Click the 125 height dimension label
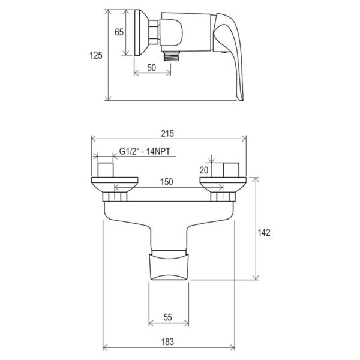pos(96,55)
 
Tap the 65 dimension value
pos(119,32)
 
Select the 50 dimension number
pos(152,68)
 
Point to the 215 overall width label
pos(167,133)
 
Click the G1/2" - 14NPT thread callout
pos(145,151)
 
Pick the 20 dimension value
pos(203,170)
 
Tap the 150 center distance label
pos(166,182)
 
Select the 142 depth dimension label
pos(264,233)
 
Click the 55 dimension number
pos(167,317)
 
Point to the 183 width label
pos(167,341)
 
